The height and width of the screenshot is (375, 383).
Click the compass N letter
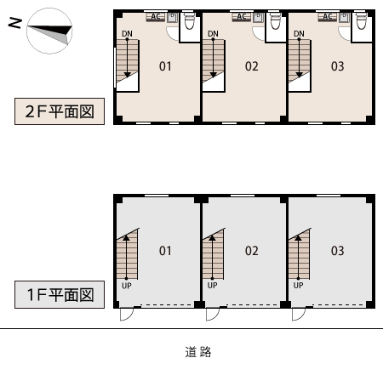tap(15, 23)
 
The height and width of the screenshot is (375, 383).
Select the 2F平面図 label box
tap(60, 111)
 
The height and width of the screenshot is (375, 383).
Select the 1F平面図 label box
tap(60, 294)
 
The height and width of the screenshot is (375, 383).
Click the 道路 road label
tap(198, 352)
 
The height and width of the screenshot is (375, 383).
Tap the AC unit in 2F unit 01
tap(156, 17)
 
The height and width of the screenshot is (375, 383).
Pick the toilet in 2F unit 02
tap(275, 20)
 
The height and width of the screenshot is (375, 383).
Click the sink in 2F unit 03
tap(344, 18)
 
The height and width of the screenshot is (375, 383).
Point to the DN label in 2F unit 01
tap(127, 34)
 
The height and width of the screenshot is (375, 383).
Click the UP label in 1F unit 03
tap(298, 285)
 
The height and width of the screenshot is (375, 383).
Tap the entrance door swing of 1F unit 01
tap(127, 314)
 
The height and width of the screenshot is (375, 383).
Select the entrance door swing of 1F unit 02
tap(213, 314)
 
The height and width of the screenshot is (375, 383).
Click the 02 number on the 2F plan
tap(252, 66)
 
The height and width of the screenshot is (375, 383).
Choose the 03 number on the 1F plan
tap(338, 251)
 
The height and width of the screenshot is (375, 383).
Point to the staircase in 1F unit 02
tap(214, 254)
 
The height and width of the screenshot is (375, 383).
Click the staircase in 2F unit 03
tap(300, 61)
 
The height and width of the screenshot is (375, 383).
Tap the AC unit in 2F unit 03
tap(328, 17)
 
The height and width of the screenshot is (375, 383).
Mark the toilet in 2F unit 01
tap(189, 20)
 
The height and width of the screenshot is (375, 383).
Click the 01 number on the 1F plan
tap(165, 251)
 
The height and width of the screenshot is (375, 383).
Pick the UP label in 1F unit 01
tap(127, 285)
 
